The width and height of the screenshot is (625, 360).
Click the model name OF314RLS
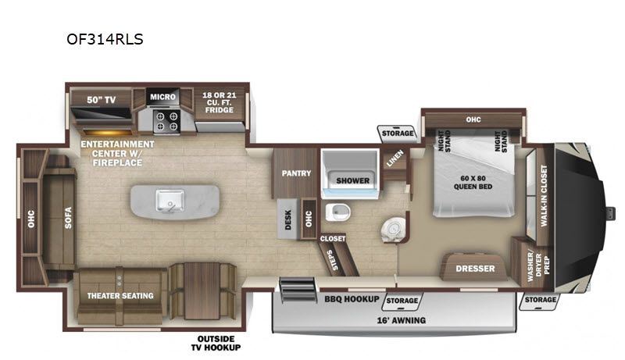(x=105, y=39)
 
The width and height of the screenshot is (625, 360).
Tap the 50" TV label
(x=102, y=100)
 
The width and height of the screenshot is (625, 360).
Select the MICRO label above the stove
(x=162, y=97)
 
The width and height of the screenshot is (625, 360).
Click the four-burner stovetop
(x=167, y=122)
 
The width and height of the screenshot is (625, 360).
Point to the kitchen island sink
(x=170, y=201)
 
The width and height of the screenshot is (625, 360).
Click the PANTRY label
(x=296, y=173)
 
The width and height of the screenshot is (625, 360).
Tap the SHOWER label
(x=353, y=180)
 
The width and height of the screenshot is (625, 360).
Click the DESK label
(x=287, y=219)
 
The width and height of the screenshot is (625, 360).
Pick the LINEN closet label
(x=395, y=158)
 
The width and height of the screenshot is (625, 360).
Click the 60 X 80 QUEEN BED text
(x=473, y=183)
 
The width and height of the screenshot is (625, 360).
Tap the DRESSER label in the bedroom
(x=475, y=269)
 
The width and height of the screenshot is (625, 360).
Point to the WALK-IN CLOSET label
(x=544, y=196)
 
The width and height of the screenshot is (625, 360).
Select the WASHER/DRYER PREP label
(x=538, y=266)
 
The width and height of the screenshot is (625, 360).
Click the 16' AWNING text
(x=402, y=320)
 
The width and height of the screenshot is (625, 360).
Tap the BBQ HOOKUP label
(x=352, y=298)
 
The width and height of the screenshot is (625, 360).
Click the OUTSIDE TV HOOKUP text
(x=216, y=344)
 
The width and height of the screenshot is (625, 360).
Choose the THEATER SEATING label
(x=120, y=296)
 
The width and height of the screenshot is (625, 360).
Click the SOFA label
(x=68, y=218)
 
